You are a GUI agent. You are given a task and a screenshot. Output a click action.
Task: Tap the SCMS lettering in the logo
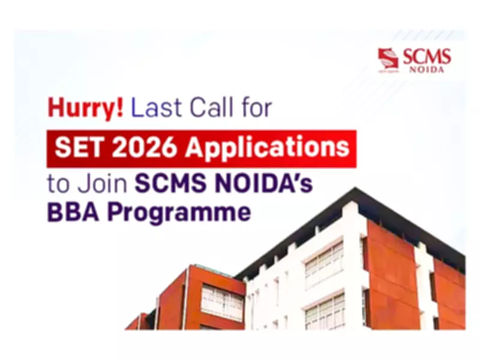click(427, 57)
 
